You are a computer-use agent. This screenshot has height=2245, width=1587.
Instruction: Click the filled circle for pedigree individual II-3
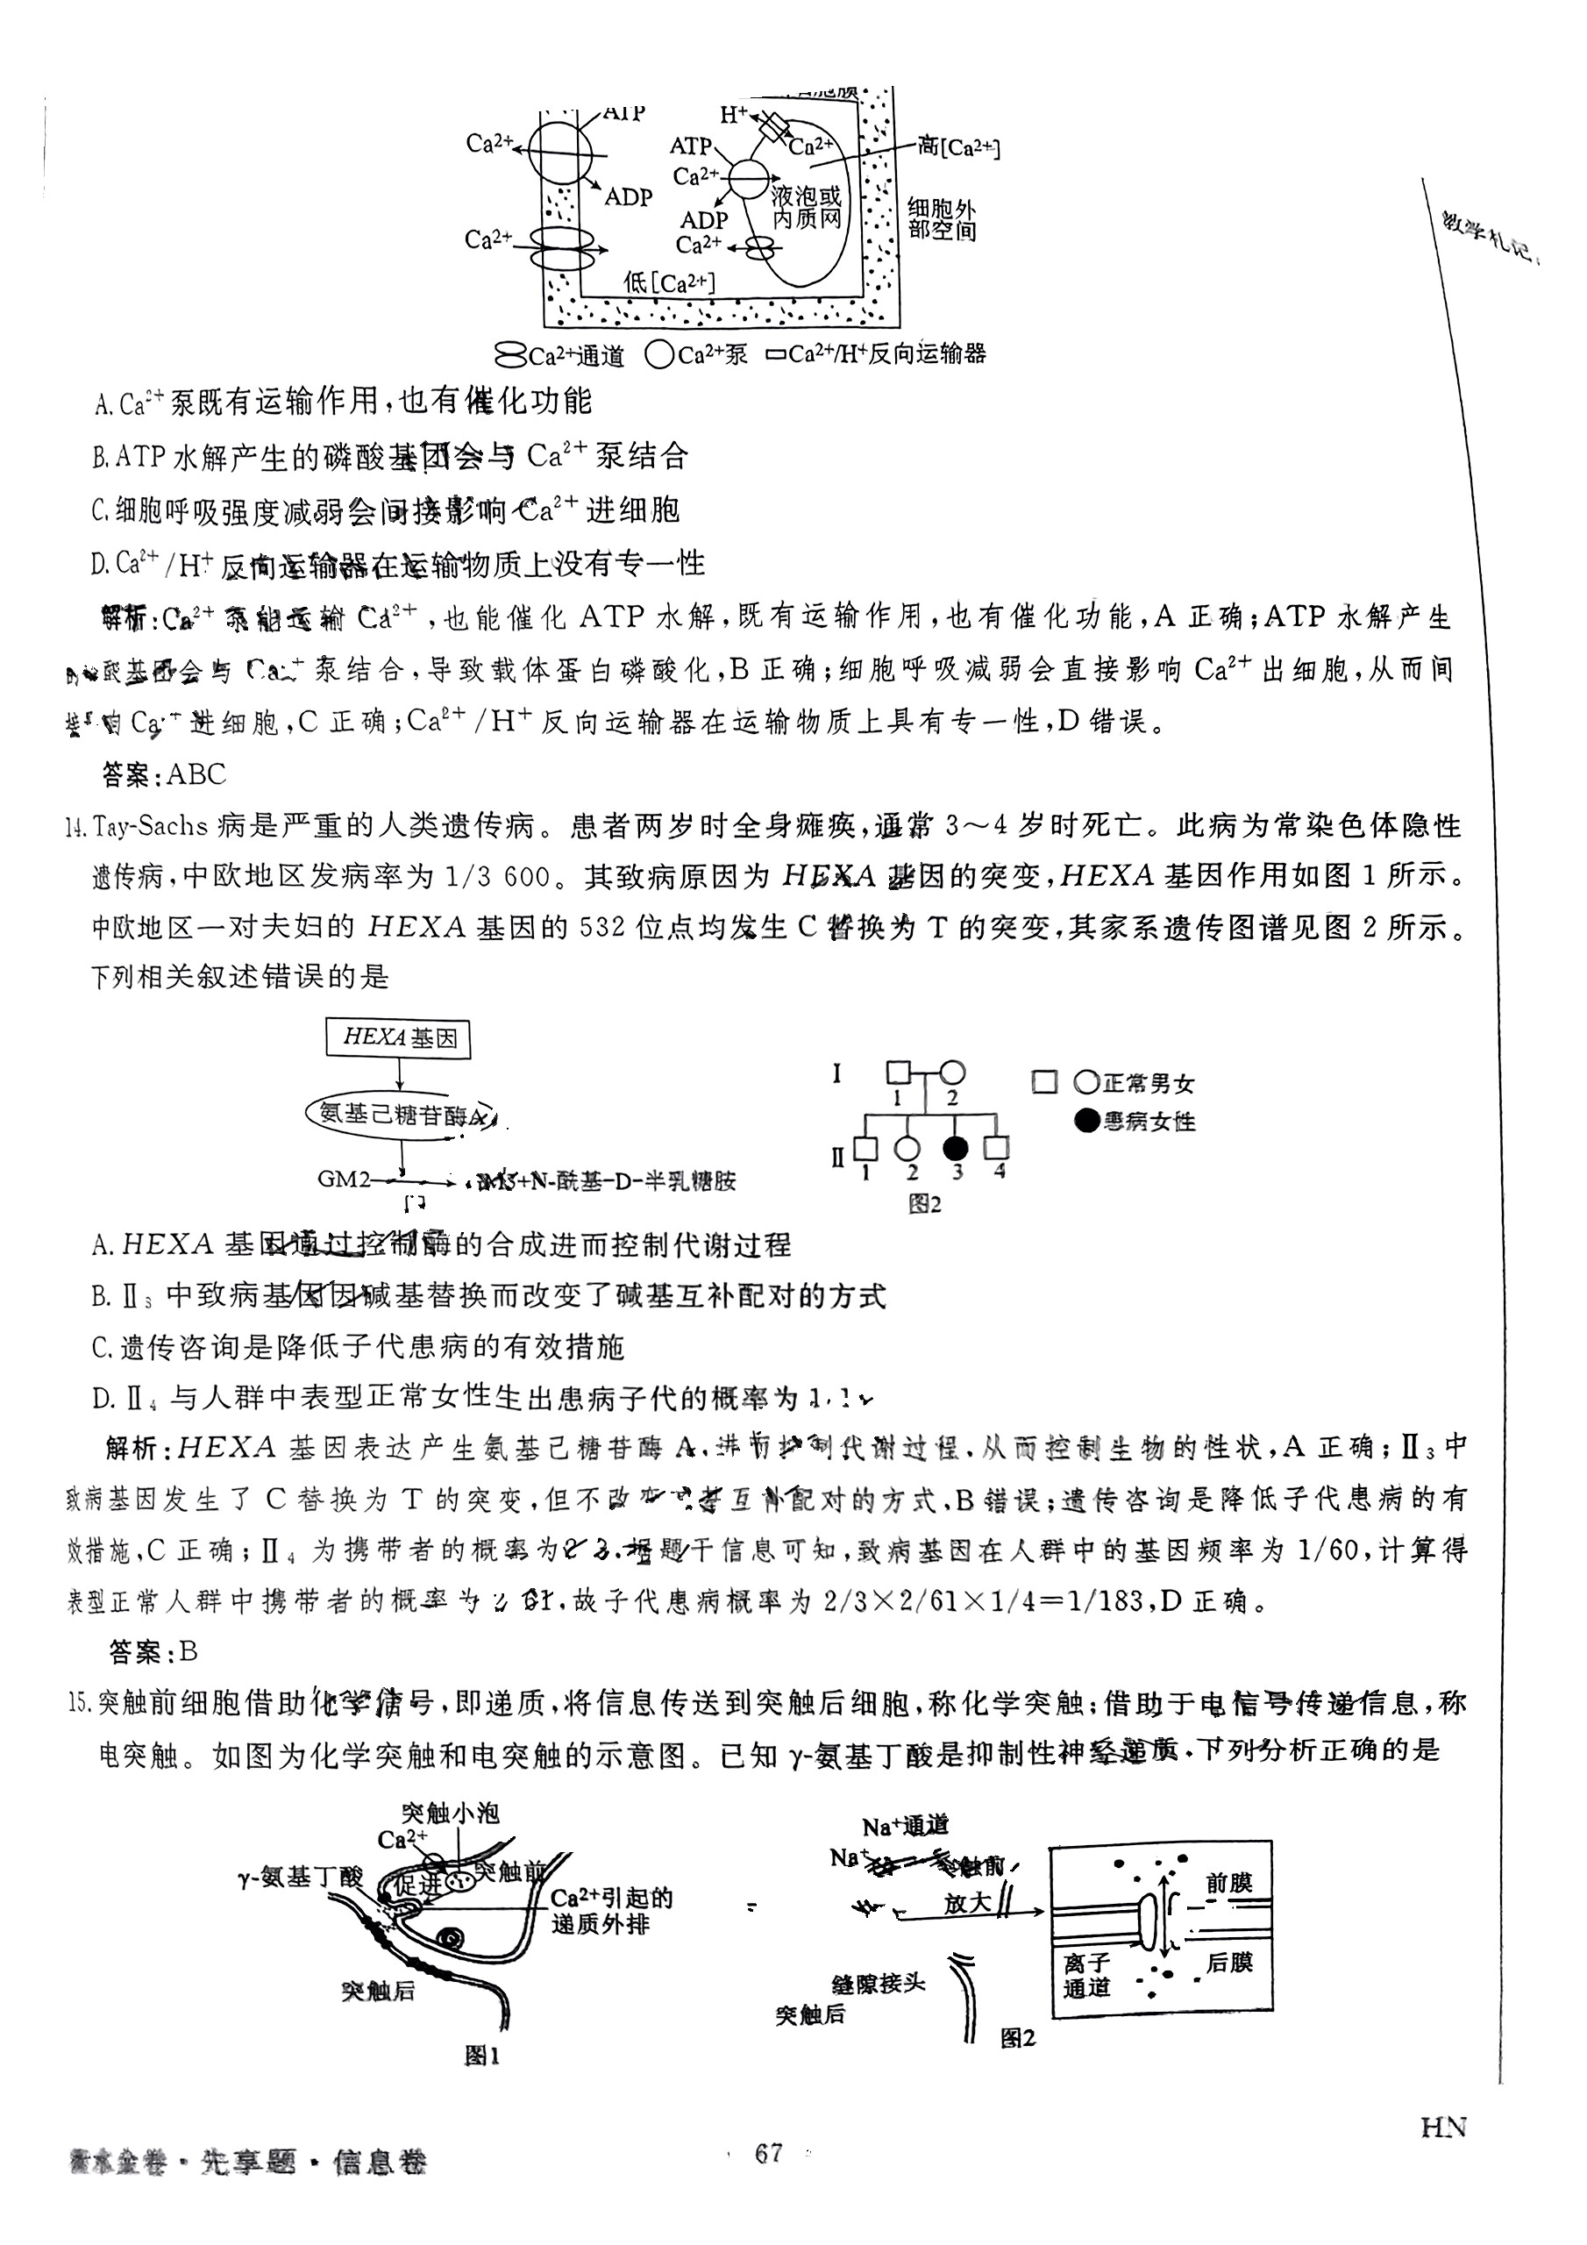956,1148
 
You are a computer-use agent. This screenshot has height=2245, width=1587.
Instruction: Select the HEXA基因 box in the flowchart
398,1037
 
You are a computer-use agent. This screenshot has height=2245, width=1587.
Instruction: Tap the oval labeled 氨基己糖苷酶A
401,1115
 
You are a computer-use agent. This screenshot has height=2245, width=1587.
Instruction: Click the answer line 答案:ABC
164,774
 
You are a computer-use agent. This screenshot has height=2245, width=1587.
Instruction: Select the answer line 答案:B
153,1651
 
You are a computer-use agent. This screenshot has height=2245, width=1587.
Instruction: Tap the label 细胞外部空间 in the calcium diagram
941,220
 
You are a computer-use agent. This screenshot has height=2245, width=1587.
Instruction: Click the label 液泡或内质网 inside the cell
806,207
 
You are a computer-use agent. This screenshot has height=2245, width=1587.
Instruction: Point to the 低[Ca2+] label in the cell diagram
670,282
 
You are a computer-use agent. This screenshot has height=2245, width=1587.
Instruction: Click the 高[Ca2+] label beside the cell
958,147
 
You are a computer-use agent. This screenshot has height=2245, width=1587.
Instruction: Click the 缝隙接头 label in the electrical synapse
877,1983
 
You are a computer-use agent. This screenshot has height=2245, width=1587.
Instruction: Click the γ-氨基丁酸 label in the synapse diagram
300,1877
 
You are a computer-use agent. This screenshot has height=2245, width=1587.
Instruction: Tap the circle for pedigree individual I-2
952,1073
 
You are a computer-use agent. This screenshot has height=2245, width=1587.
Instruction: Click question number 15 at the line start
78,1703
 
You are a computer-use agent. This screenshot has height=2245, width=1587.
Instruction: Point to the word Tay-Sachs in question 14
152,826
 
